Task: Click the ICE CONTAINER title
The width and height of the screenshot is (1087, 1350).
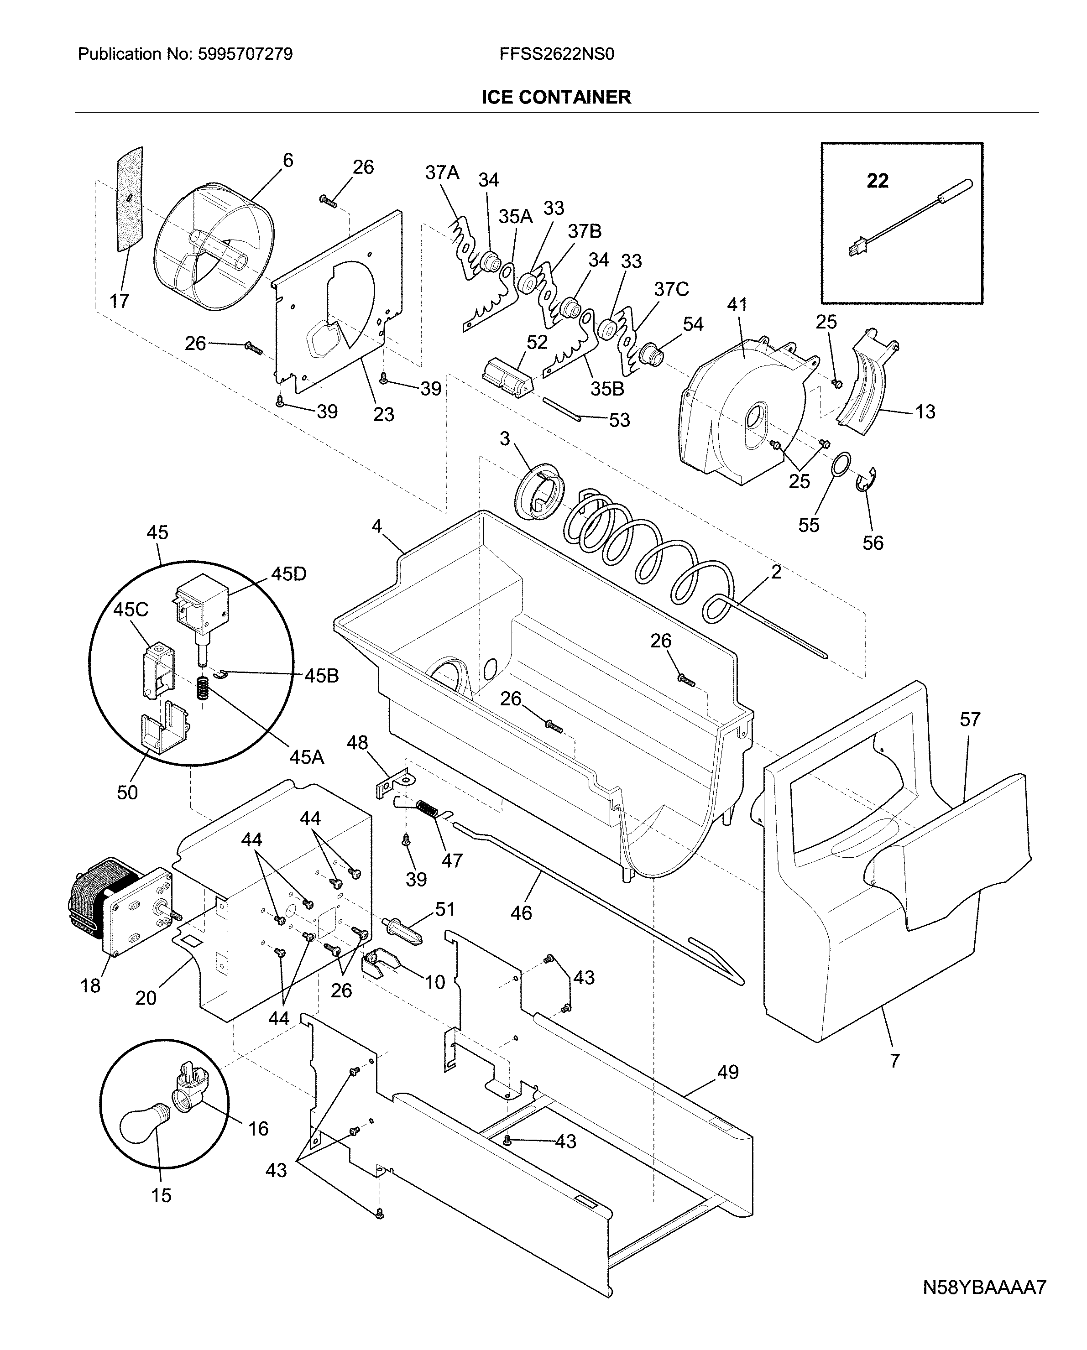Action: pos(556,97)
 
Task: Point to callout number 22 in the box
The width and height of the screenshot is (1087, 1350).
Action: pos(877,181)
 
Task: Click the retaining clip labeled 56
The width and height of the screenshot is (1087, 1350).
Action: pos(867,480)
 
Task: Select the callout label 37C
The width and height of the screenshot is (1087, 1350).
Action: pos(671,289)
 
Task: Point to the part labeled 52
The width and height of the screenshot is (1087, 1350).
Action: pos(506,378)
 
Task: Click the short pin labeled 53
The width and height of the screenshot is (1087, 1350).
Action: pos(562,410)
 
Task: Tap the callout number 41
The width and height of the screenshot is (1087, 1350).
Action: pos(737,305)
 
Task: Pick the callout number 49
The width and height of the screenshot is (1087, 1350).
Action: pos(727,1072)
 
